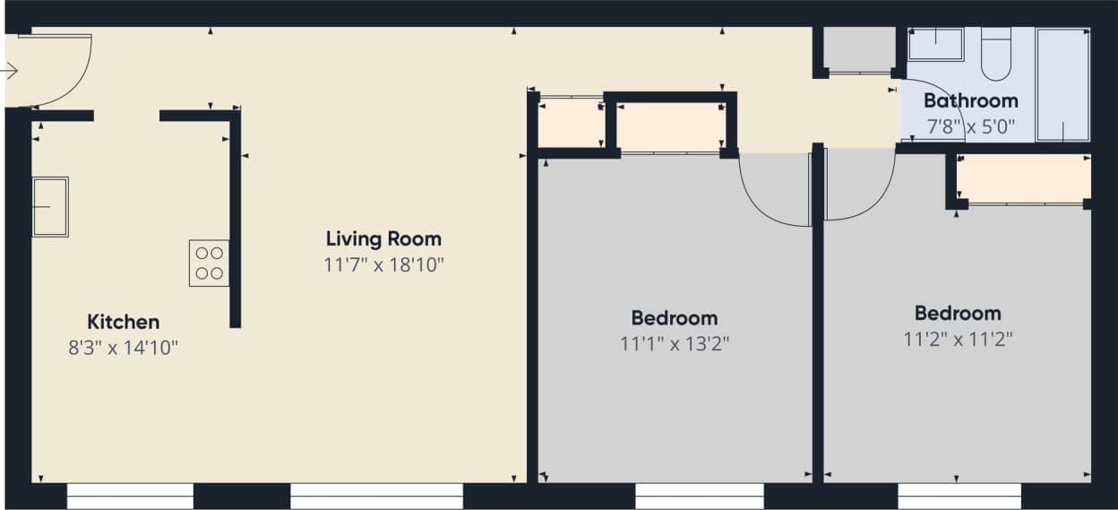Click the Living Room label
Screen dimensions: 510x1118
383,239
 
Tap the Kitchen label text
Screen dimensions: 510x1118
123,322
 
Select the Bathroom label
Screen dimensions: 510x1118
970,100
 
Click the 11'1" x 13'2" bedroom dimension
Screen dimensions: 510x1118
674,343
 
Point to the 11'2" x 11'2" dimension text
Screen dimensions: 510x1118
957,339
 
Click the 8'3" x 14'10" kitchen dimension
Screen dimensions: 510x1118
123,348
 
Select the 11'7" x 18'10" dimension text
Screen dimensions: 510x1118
383,265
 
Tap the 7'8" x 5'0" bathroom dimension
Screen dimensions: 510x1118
970,126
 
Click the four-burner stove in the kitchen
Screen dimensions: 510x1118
209,263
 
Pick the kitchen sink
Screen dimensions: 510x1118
50,207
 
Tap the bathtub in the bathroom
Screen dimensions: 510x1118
1063,84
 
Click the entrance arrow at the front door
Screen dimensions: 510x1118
10,71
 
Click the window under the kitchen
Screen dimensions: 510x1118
130,496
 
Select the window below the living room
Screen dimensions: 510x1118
376,496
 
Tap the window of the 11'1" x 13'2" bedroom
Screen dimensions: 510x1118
699,496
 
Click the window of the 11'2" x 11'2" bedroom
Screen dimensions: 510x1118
959,496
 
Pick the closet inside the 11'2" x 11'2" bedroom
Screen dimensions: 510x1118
1023,179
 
